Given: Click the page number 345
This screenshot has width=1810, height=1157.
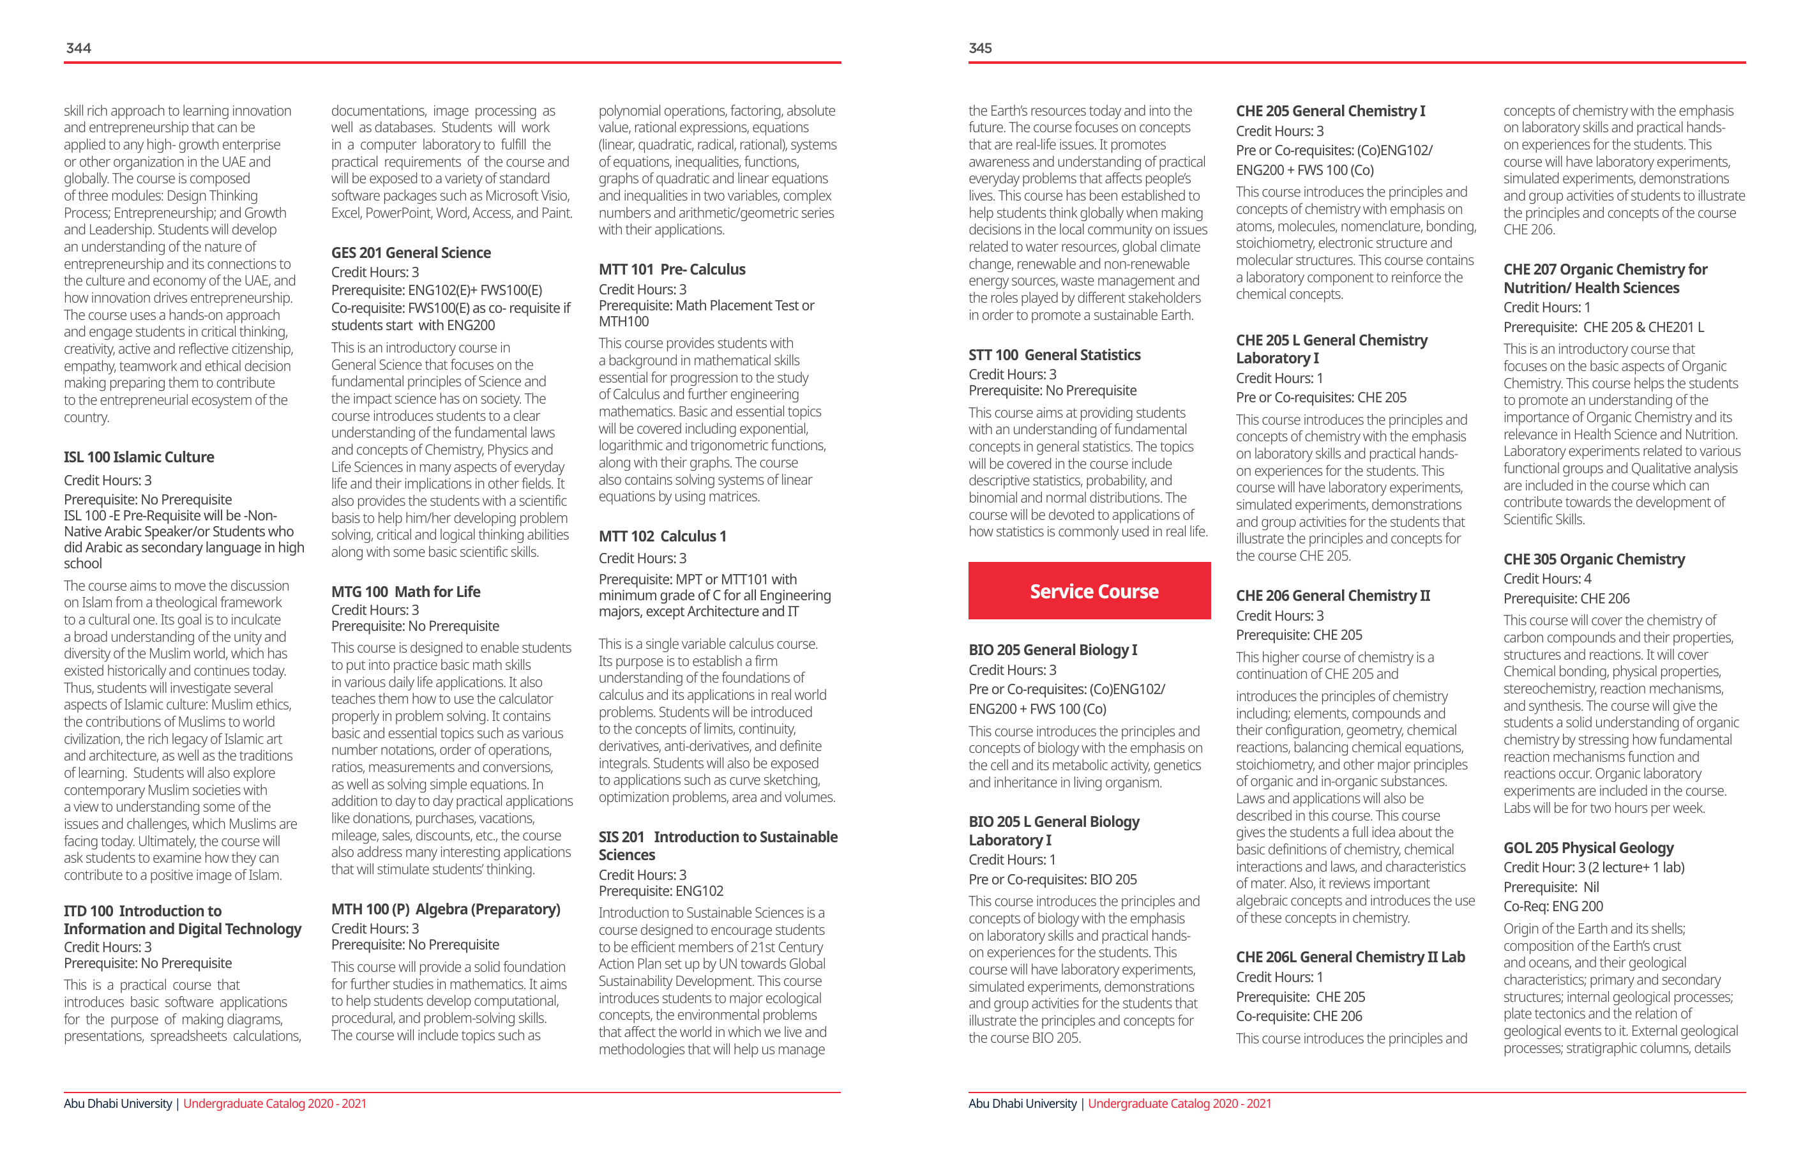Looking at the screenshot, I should point(980,48).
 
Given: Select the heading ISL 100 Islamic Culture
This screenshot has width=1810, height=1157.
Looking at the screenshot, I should point(139,457).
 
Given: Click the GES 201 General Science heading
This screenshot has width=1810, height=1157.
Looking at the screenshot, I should point(411,253).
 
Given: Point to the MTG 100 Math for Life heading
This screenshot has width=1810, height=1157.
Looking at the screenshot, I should point(406,592).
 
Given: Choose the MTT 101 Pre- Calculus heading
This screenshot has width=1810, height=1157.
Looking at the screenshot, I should point(672,269).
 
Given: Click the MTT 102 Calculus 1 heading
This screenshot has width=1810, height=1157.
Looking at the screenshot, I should point(662,536).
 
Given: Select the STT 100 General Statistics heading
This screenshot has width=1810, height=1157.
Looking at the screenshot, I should point(1055,355).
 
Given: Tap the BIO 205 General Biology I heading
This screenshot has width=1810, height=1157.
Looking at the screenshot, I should point(1053,649).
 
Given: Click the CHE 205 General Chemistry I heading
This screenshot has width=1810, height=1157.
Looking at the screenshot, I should point(1331,111).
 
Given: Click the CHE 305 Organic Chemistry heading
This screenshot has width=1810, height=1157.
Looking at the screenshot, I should point(1594,559).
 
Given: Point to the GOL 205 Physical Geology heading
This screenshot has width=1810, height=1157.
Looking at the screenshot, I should point(1588,848).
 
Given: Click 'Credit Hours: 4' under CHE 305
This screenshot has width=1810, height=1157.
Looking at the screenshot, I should point(1547,579).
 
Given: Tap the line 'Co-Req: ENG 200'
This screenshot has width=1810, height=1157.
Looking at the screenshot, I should point(1553,907).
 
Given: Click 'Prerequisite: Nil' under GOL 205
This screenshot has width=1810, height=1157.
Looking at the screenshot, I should point(1551,887).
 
